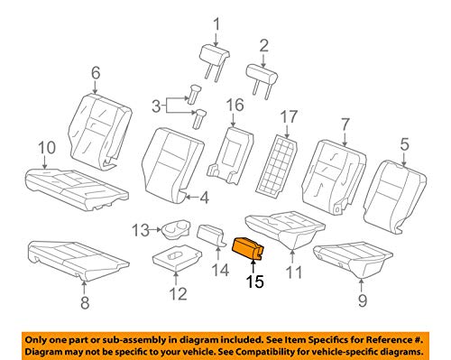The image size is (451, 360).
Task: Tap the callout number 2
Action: click(263, 44)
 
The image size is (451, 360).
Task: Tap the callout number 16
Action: click(235, 106)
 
